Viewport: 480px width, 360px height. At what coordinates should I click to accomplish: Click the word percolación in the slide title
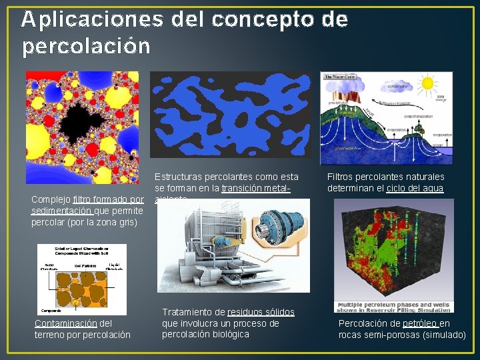pos(86,47)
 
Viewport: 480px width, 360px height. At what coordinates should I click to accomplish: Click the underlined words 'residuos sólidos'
pos(261,312)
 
